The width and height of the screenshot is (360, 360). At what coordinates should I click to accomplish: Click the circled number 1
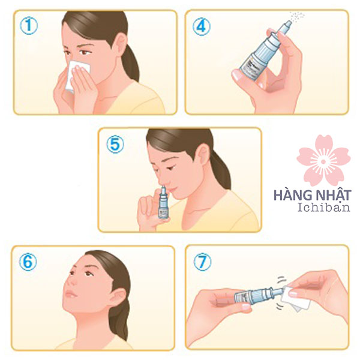click(29, 26)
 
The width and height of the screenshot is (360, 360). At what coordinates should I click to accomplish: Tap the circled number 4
click(202, 26)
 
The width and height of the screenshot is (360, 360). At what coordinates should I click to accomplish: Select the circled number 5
click(115, 144)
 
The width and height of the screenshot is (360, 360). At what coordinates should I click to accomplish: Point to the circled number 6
click(28, 262)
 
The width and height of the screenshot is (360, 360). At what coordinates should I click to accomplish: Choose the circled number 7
click(202, 262)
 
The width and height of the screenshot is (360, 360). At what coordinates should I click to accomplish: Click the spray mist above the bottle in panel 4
click(298, 17)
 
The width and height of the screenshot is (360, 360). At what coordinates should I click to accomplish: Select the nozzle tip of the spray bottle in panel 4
click(289, 23)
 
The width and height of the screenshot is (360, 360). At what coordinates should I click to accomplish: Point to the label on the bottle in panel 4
click(251, 67)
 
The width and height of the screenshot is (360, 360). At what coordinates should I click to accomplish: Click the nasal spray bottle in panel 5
click(163, 202)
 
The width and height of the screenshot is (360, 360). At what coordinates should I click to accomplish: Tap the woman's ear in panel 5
click(203, 157)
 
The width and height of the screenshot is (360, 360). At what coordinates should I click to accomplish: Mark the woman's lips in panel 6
click(71, 294)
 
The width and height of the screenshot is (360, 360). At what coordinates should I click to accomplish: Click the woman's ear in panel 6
click(118, 298)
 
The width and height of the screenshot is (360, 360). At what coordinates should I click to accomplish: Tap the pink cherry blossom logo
click(323, 160)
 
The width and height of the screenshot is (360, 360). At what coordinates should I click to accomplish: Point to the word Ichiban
click(324, 208)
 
